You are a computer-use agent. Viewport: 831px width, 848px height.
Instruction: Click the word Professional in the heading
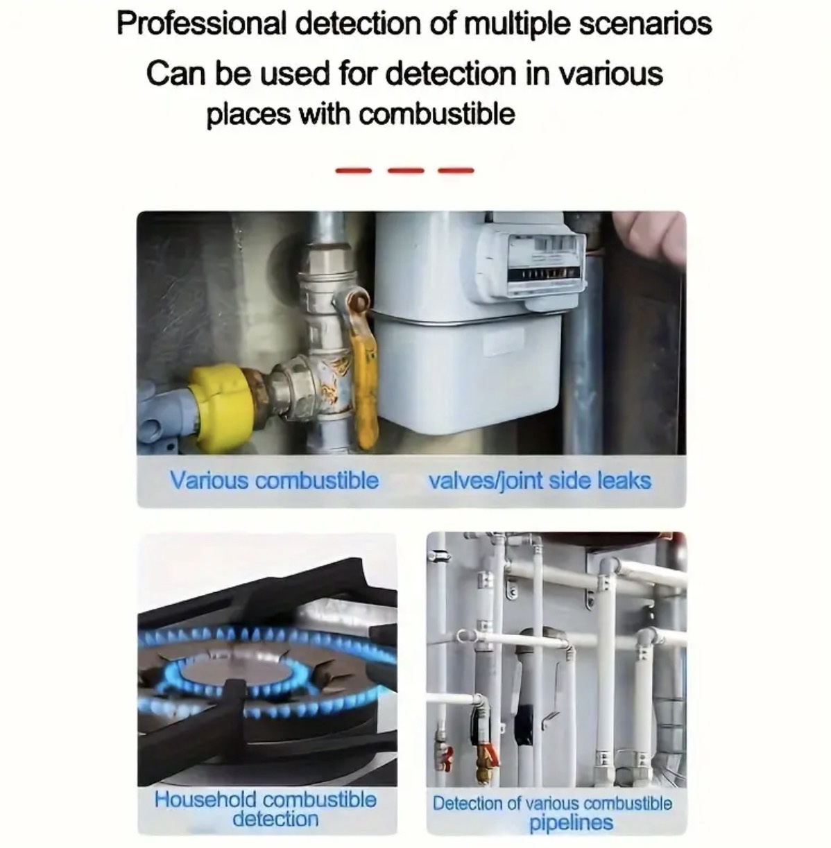202,25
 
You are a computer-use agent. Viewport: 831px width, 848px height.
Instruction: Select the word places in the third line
248,115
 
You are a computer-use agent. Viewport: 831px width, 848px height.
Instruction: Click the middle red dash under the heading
405,171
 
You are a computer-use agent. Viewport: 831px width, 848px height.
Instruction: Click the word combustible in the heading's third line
436,115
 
